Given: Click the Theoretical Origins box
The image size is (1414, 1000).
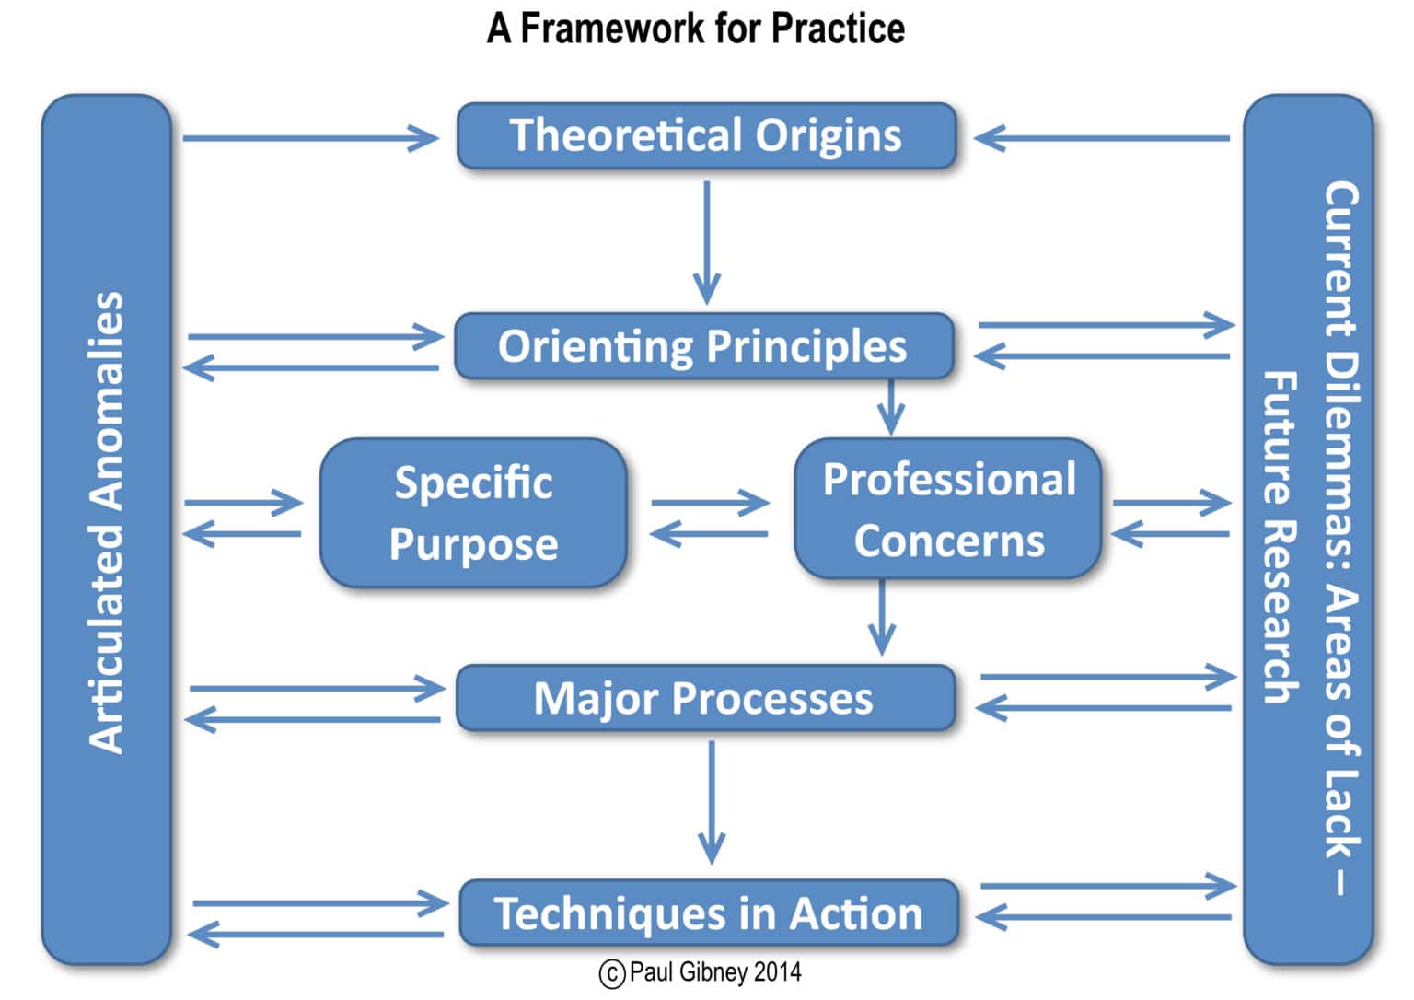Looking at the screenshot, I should (x=706, y=136).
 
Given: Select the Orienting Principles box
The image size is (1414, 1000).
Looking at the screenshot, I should (x=703, y=346).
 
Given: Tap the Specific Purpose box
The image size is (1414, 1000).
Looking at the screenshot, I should (x=473, y=513).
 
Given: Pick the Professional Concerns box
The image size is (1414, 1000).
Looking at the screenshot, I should (x=948, y=509).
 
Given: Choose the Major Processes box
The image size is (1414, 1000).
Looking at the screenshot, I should (x=705, y=698).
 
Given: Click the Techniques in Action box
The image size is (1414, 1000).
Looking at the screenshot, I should (x=708, y=913).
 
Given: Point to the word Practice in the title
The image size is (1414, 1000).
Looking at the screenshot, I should (x=838, y=29).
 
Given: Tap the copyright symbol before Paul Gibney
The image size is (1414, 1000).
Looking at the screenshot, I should (x=612, y=973).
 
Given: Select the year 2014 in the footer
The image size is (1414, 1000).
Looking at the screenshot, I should (x=777, y=972).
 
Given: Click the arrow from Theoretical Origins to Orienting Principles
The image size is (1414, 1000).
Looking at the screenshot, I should (x=706, y=241).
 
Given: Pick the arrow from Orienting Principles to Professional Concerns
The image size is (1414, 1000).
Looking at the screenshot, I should (x=889, y=406).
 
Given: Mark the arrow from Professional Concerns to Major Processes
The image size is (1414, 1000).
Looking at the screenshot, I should (x=882, y=616).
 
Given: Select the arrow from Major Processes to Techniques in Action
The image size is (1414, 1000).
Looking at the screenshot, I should (x=711, y=801).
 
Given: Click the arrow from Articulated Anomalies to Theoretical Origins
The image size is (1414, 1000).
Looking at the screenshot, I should (x=310, y=138).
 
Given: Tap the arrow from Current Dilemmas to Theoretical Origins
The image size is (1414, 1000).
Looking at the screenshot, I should (x=1102, y=138).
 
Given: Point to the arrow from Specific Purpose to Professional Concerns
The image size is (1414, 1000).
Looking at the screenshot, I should (x=709, y=503).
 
